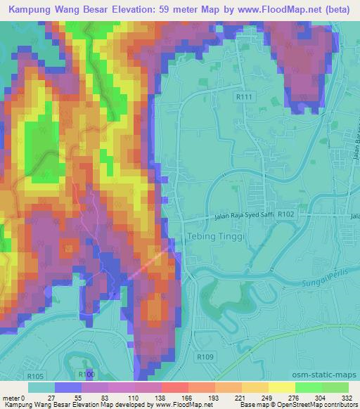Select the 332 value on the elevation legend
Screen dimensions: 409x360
pos(346,398)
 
